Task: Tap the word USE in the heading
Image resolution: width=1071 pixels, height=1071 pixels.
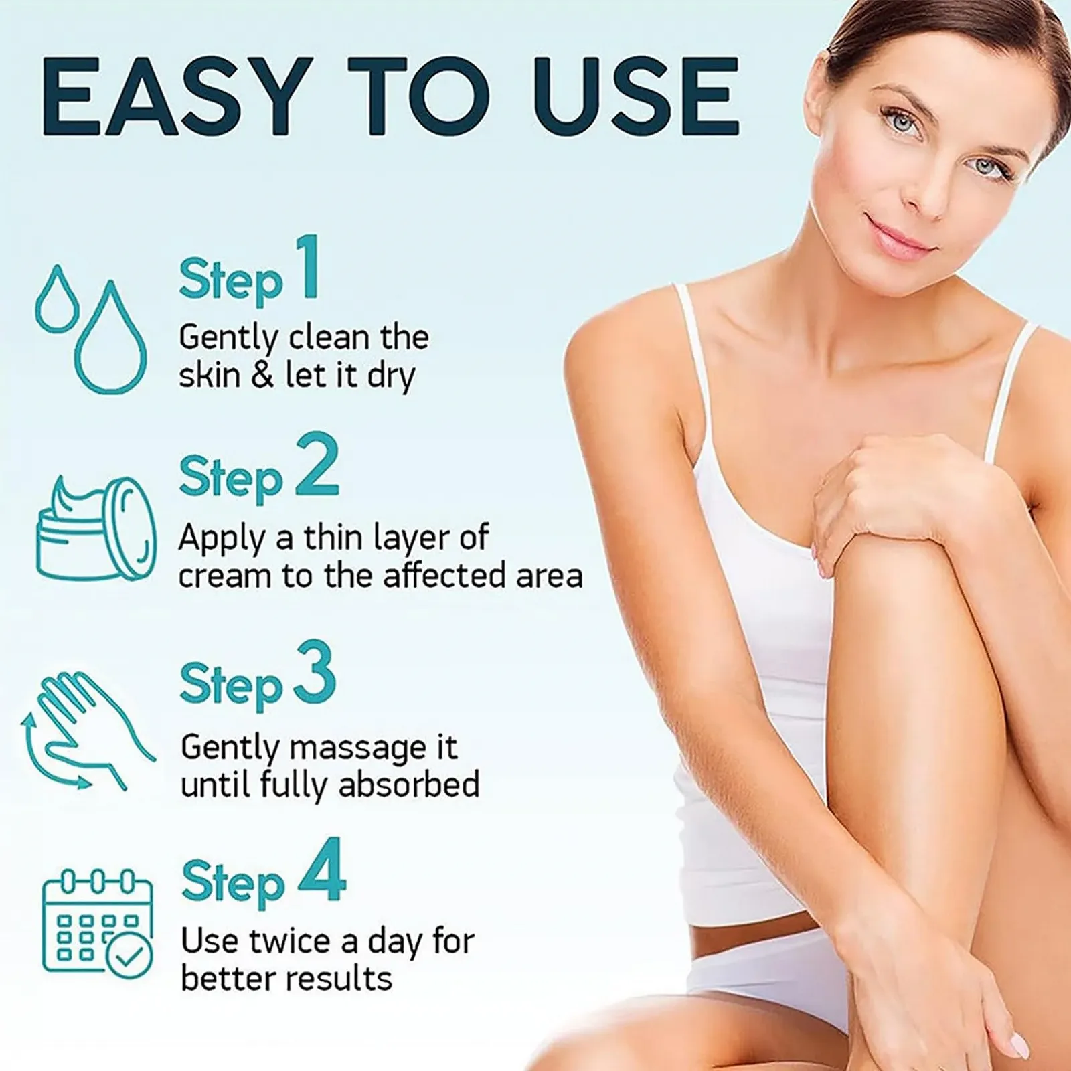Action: [635, 97]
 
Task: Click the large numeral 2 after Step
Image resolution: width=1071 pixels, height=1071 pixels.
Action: [317, 464]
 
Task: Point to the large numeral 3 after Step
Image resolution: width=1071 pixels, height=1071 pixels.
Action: [313, 671]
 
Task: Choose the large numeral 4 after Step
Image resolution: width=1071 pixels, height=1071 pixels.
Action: [321, 870]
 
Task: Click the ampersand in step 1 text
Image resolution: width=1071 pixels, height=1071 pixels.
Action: [263, 376]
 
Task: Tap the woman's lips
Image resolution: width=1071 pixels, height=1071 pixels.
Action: [899, 239]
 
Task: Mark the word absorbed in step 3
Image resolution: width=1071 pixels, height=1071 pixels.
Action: [409, 785]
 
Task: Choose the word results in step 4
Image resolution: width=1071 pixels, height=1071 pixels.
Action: [341, 979]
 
